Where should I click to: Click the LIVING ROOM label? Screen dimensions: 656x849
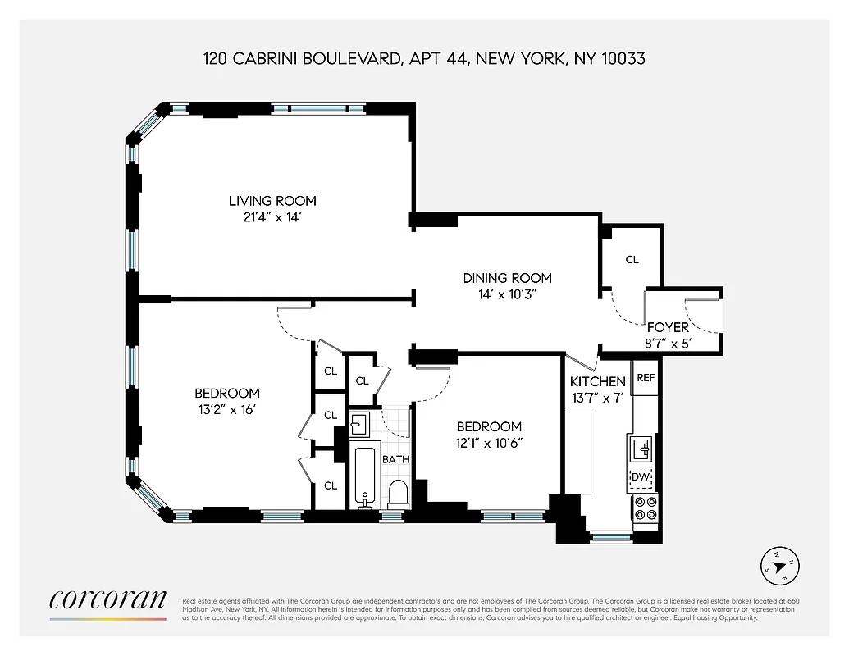tap(272, 201)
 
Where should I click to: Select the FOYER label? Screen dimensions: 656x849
tap(669, 328)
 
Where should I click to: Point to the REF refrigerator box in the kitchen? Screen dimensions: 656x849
tap(646, 379)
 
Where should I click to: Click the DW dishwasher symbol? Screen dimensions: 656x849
tap(640, 477)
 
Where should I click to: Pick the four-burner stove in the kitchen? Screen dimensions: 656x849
tap(645, 508)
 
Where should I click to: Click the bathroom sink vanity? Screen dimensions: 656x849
tap(358, 424)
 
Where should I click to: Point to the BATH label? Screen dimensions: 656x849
tap(395, 459)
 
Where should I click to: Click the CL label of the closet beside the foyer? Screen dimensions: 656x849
tap(632, 260)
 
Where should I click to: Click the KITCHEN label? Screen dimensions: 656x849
tap(598, 381)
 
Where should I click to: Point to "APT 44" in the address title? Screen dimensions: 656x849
tap(431, 59)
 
